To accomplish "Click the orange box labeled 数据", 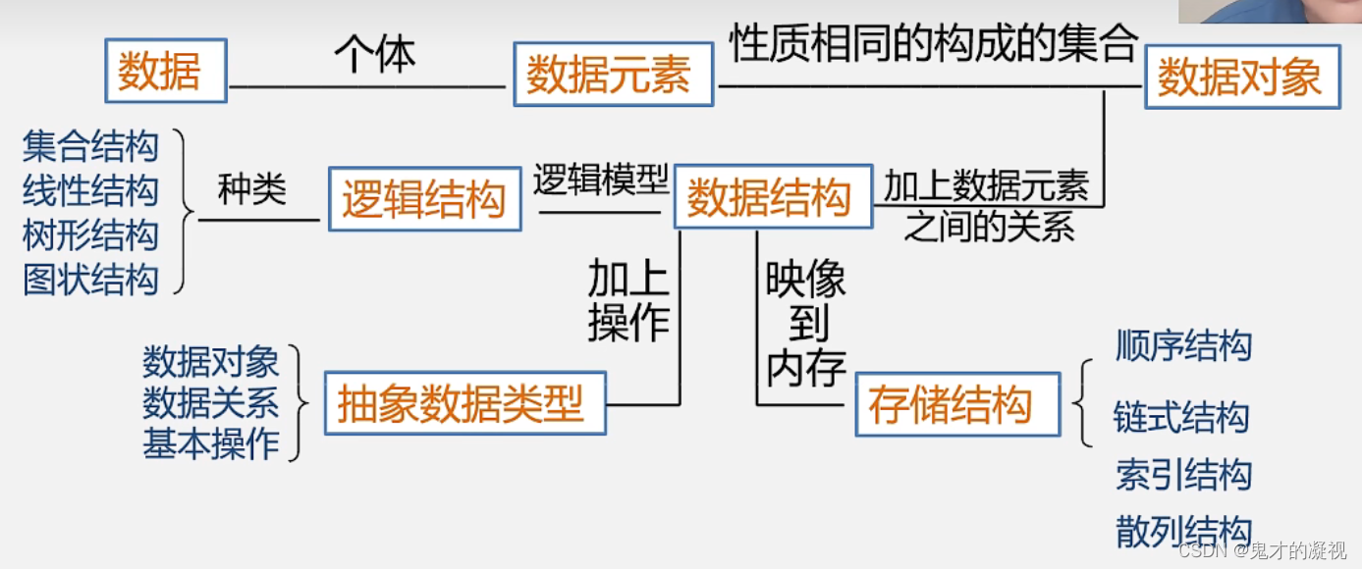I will click(x=165, y=72).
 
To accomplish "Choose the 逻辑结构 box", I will click(x=424, y=199).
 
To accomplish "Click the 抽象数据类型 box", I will click(x=463, y=402).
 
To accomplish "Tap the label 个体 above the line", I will click(x=375, y=55).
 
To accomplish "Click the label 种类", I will click(x=252, y=190).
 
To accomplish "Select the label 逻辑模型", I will click(x=600, y=180).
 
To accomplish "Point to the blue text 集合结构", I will click(x=90, y=146).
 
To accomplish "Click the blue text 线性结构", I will click(x=90, y=190).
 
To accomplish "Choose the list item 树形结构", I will click(x=90, y=235).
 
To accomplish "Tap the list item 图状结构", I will click(x=90, y=280).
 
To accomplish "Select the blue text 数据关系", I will click(x=211, y=403).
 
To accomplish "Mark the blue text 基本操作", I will click(x=211, y=444).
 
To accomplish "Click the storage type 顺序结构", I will click(x=1183, y=345).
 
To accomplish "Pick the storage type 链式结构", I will click(x=1180, y=418).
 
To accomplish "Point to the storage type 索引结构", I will click(x=1183, y=475).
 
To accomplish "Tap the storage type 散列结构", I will click(x=1183, y=530).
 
